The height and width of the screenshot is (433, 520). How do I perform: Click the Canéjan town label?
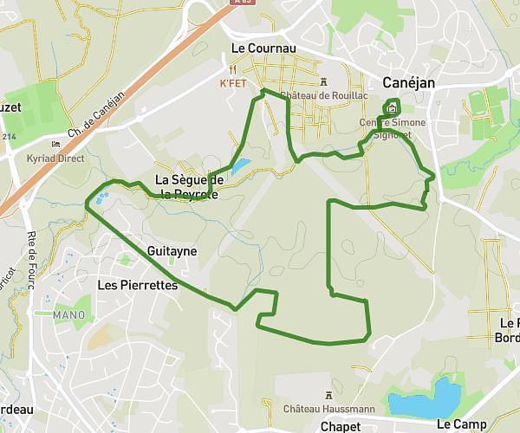(x=408, y=83)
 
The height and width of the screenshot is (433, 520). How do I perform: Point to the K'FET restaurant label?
(x=234, y=83)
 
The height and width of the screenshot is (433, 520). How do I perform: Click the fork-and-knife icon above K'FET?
(x=234, y=68)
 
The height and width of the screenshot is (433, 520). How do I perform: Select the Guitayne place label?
(x=172, y=251)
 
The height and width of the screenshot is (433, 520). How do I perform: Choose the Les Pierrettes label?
(x=138, y=284)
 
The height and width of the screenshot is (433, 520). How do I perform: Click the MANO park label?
(x=68, y=314)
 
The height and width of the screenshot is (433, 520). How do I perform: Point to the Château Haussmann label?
(x=329, y=408)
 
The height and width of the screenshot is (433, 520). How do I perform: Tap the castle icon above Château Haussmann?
(x=329, y=395)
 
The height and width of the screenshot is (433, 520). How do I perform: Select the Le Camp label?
(x=462, y=424)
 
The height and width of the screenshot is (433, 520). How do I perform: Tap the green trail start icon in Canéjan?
(x=392, y=109)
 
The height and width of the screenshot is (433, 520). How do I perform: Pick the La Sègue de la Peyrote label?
(x=189, y=187)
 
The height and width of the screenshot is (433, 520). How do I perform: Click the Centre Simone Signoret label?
(x=393, y=128)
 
